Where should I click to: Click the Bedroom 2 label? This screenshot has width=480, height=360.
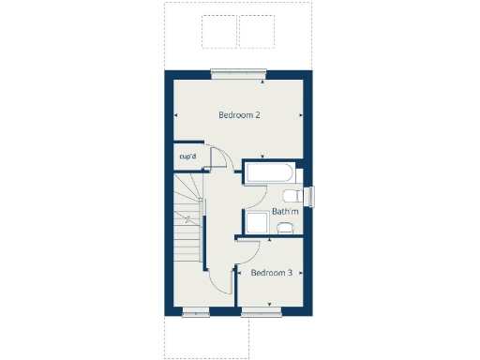coord(239,115)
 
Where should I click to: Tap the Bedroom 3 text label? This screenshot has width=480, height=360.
coord(272,273)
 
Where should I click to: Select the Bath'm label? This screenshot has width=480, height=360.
coord(285,212)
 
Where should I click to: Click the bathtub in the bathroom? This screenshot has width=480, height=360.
coord(270,173)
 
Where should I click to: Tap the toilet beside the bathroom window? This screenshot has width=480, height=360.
coord(292,195)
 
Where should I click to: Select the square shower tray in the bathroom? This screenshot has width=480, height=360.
coord(256,223)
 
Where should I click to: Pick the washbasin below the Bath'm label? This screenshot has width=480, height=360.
coord(286,226)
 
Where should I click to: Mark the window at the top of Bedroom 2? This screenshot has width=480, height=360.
coord(239,71)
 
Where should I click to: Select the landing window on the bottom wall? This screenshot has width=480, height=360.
coord(196,313)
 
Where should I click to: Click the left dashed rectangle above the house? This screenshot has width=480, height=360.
coord(218,31)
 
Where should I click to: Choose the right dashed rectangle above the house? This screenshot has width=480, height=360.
coord(257,31)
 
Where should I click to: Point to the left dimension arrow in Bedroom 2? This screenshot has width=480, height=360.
coord(175,115)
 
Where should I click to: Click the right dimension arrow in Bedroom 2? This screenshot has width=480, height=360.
coord(301,115)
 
